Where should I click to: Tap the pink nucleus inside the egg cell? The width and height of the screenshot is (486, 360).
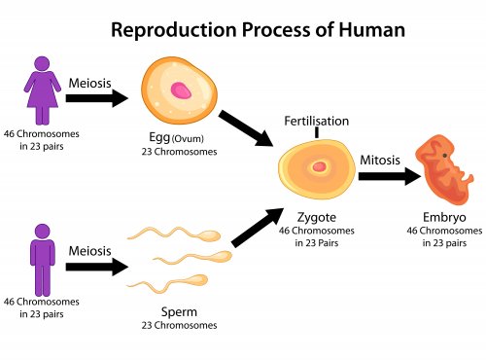click(181, 91)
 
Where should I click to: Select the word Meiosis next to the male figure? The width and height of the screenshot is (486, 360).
click(89, 250)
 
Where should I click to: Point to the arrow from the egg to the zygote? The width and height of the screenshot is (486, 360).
click(245, 128)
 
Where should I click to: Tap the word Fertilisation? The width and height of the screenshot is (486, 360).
click(316, 121)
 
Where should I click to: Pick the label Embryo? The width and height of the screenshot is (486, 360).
click(444, 218)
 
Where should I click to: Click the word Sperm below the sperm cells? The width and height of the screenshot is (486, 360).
click(181, 313)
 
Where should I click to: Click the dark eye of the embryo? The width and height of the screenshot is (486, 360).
click(445, 156)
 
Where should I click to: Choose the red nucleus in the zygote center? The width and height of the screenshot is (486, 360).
click(318, 167)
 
